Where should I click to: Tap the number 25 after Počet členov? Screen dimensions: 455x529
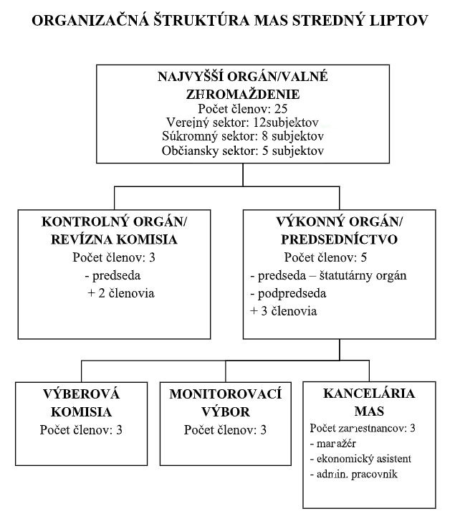pos(281,109)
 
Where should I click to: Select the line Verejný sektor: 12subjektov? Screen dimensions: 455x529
pos(242,122)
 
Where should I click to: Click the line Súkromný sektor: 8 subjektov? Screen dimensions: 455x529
pos(243,136)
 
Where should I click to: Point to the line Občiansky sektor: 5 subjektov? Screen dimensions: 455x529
pos(243,151)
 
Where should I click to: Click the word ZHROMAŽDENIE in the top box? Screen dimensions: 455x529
pos(243,94)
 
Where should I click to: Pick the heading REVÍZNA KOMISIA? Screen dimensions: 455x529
pos(114,239)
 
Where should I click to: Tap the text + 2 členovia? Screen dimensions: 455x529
pos(121,293)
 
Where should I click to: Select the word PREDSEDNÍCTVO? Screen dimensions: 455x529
pos(340,239)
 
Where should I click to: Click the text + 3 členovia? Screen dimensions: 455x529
pos(283,311)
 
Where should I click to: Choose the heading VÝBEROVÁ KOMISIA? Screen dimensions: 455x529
pos(81,403)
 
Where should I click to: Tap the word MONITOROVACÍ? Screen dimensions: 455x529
pos(225,394)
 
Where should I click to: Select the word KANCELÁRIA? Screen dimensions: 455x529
pos(369,394)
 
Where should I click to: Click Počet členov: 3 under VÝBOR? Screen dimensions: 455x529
pos(225,430)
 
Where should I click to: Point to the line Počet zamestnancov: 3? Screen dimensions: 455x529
pos(363,428)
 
